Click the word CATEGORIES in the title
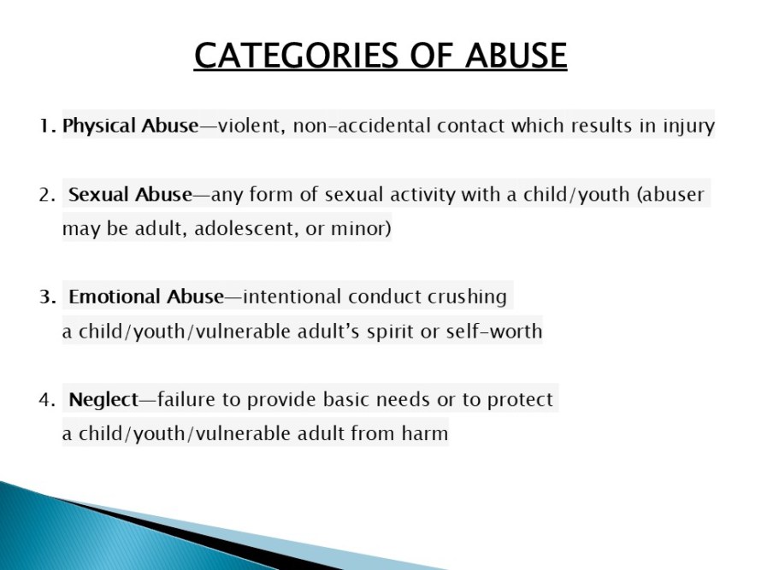tap(296, 55)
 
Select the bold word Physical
tap(99, 126)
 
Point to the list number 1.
tap(48, 126)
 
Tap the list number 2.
tap(48, 195)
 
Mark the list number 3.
tap(48, 297)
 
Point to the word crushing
tap(467, 297)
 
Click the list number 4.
tap(48, 400)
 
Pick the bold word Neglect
tap(103, 400)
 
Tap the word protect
tap(520, 400)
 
